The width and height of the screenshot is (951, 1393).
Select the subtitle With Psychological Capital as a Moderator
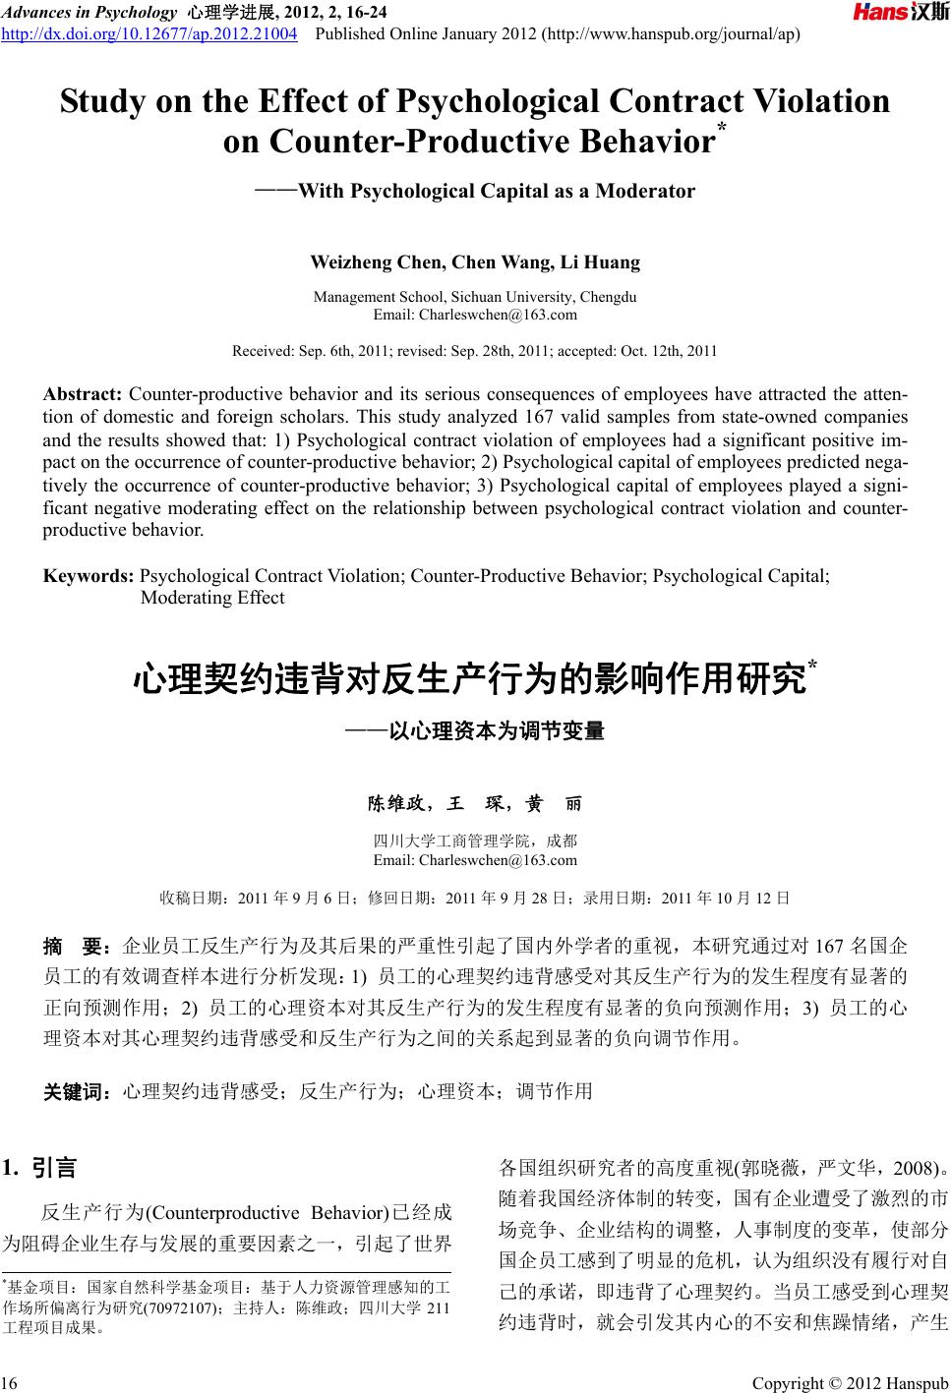(496, 191)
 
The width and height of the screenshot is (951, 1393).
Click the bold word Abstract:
(83, 395)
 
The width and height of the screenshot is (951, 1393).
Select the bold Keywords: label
(89, 576)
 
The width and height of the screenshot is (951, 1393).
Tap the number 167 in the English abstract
(540, 417)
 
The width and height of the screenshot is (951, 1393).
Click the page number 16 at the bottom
(10, 1384)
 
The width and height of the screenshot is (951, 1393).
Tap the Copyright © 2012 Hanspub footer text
(849, 1384)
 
